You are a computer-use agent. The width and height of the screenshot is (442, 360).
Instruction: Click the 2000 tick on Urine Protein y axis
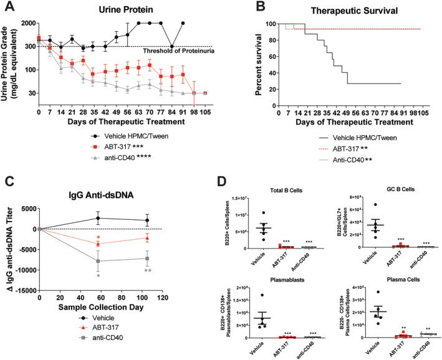27,23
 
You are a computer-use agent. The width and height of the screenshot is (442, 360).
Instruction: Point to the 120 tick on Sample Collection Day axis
162,297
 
